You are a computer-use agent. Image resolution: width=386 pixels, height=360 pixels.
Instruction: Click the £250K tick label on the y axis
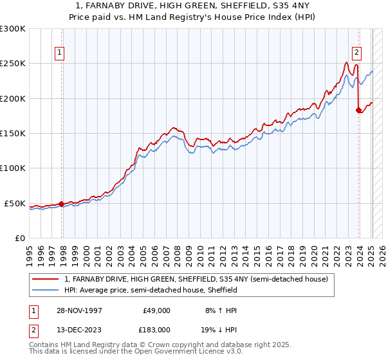tap(13, 64)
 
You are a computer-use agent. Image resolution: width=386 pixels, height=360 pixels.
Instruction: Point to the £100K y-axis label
tap(13, 168)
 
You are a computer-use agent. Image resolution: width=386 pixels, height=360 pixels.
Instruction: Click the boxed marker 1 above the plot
tap(60, 53)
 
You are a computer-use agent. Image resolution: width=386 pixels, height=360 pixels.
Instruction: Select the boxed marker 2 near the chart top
tap(356, 53)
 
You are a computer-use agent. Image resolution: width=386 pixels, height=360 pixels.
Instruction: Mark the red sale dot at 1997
tap(62, 204)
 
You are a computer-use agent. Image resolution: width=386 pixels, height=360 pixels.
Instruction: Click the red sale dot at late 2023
tap(358, 111)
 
